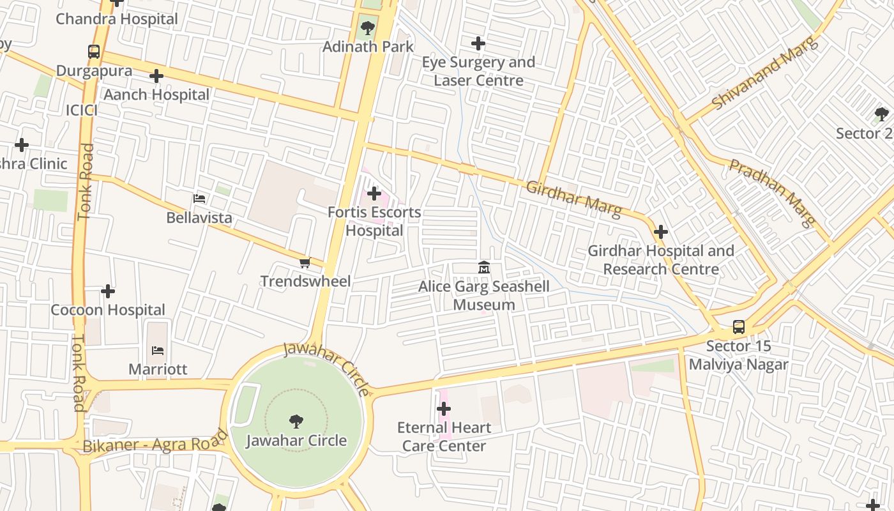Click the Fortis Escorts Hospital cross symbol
pyautogui.click(x=374, y=194)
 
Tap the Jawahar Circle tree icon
pyautogui.click(x=296, y=421)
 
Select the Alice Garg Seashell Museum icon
pyautogui.click(x=484, y=268)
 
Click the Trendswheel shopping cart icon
pyautogui.click(x=305, y=263)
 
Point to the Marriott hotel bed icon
pyautogui.click(x=158, y=350)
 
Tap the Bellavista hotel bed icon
pyautogui.click(x=199, y=199)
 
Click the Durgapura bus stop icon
pyautogui.click(x=94, y=52)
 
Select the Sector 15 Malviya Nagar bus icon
pyautogui.click(x=738, y=327)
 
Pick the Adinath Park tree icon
pyautogui.click(x=367, y=27)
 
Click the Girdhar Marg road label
pyautogui.click(x=573, y=199)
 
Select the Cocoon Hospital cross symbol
pyautogui.click(x=108, y=291)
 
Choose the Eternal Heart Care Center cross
pyautogui.click(x=444, y=409)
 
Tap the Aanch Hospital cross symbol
pyautogui.click(x=156, y=77)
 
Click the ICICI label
pyautogui.click(x=82, y=111)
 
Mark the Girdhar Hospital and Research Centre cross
pyautogui.click(x=661, y=232)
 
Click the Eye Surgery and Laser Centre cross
pyautogui.click(x=478, y=43)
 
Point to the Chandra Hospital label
pyautogui.click(x=117, y=19)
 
